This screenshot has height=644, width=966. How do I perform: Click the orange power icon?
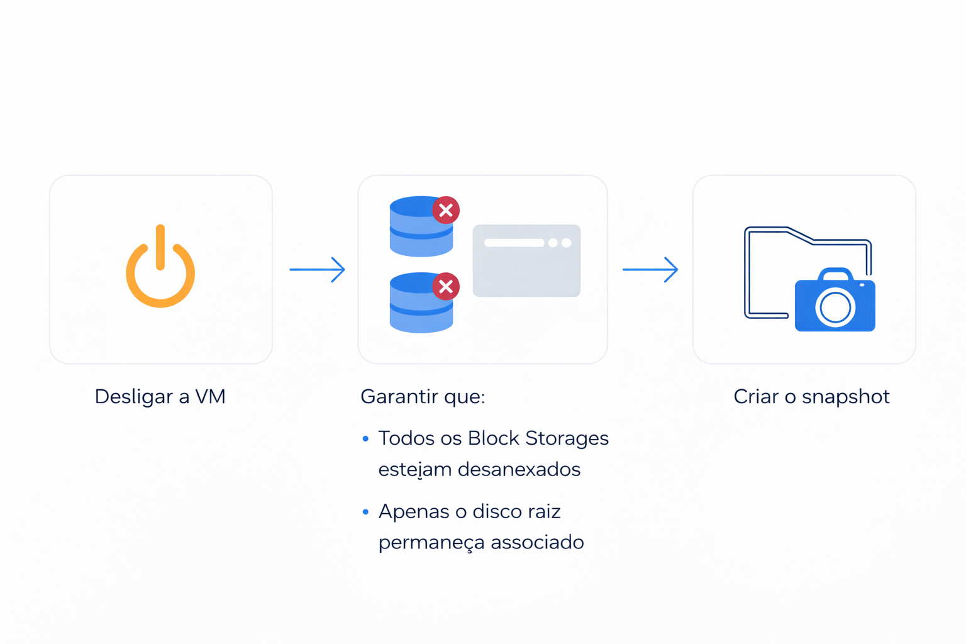pyautogui.click(x=160, y=267)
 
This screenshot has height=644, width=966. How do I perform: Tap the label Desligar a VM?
pyautogui.click(x=160, y=397)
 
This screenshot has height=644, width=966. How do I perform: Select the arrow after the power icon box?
pyautogui.click(x=317, y=270)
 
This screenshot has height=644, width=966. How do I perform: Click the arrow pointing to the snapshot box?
pyautogui.click(x=650, y=270)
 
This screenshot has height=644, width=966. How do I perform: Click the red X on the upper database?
pyautogui.click(x=446, y=210)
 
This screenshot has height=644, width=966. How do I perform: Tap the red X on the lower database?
pyautogui.click(x=446, y=287)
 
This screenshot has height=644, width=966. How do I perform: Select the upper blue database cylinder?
pyautogui.click(x=419, y=228)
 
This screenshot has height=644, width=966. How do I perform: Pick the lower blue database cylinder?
pyautogui.click(x=419, y=304)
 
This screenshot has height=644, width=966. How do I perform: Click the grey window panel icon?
pyautogui.click(x=526, y=260)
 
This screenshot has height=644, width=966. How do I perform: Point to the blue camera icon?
pyautogui.click(x=835, y=301)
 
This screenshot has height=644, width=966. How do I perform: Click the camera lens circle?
pyautogui.click(x=835, y=308)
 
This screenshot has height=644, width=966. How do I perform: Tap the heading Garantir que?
pyautogui.click(x=423, y=397)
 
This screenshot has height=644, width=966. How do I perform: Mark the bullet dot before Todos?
pyautogui.click(x=365, y=439)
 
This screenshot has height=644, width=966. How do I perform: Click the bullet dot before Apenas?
pyautogui.click(x=365, y=513)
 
